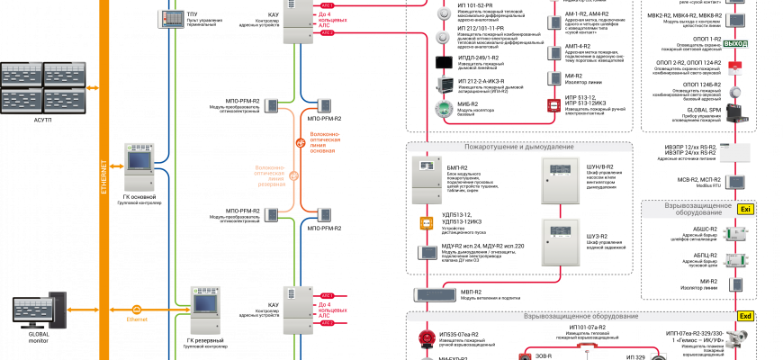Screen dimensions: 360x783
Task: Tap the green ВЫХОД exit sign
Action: (x=735, y=43)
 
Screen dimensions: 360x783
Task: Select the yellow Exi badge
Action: (x=745, y=209)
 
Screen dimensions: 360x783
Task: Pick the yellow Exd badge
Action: (x=745, y=316)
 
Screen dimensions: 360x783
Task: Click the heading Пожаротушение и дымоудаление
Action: (x=518, y=147)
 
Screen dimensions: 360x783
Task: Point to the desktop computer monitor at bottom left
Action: (x=34, y=310)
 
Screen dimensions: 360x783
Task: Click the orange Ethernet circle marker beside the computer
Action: (x=137, y=310)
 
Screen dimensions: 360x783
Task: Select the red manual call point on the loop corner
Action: (x=553, y=105)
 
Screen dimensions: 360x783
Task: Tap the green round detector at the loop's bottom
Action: (x=443, y=109)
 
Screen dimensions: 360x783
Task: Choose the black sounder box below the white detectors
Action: (x=443, y=62)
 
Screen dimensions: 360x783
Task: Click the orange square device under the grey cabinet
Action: (x=427, y=222)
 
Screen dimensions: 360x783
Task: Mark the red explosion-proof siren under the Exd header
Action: (x=427, y=338)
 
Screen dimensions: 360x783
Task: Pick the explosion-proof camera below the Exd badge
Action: (x=735, y=339)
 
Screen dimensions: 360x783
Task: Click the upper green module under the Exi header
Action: (x=735, y=234)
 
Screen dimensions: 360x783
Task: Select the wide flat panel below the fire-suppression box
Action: (x=435, y=294)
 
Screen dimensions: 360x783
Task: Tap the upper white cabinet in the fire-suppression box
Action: (x=560, y=180)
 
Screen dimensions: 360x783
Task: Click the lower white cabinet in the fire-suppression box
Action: (x=560, y=241)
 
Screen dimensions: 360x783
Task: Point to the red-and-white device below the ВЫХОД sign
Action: (x=735, y=67)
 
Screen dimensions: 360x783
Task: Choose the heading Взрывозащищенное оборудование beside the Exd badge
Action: (x=580, y=316)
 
